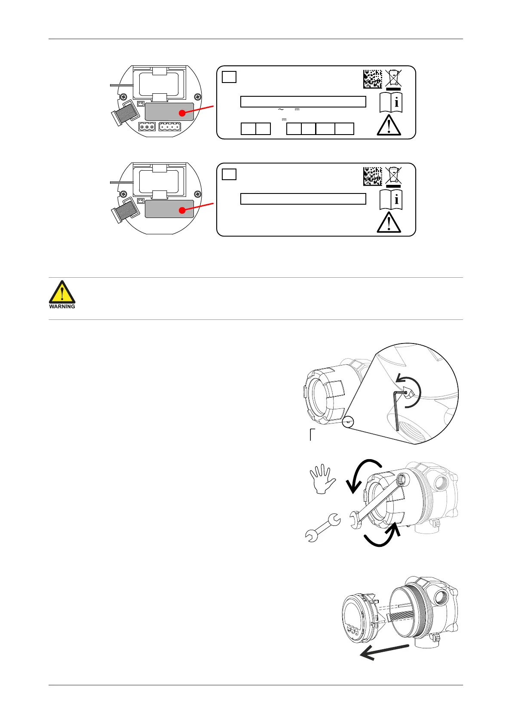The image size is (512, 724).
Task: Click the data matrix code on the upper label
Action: point(372,79)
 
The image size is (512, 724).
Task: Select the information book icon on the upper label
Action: point(391,103)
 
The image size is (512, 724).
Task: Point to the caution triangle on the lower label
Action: point(389,223)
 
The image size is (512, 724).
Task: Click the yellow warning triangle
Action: point(62,292)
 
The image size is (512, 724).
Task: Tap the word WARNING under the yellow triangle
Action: point(62,307)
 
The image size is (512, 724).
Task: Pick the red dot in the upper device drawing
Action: point(183,114)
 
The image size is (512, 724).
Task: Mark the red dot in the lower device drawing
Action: point(183,210)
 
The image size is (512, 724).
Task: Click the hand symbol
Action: point(322,481)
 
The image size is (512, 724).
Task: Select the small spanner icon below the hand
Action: point(322,528)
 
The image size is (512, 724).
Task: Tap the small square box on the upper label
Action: point(229,77)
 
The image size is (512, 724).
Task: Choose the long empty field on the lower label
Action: point(303,199)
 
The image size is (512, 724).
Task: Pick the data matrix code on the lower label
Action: point(372,176)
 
